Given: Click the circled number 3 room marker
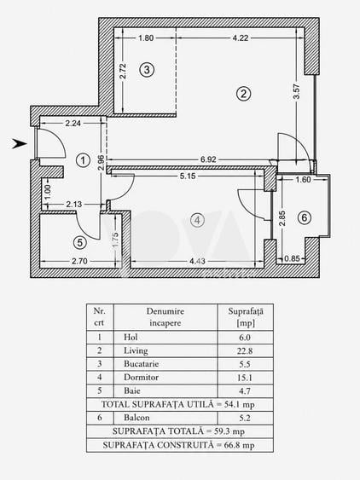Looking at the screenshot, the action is [147, 70].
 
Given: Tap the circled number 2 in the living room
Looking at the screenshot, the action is [244, 94].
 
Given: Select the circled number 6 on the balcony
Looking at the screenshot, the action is [305, 217].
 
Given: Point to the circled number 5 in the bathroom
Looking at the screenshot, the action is [80, 243].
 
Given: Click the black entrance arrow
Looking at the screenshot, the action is [20, 143].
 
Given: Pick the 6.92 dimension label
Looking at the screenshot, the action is [208, 159].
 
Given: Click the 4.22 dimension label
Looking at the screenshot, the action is [241, 38].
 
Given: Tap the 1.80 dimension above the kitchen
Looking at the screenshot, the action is [146, 38].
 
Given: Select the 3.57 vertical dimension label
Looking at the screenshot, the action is [296, 92].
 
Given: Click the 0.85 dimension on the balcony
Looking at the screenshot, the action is [292, 258].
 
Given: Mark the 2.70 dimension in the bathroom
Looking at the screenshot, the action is [79, 261].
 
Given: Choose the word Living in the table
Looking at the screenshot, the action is [136, 350].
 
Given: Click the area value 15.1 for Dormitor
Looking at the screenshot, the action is [245, 378].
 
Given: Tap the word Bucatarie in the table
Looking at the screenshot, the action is [142, 364].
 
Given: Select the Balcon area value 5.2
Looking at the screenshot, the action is [245, 418].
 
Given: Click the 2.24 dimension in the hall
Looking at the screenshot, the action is [73, 123].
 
